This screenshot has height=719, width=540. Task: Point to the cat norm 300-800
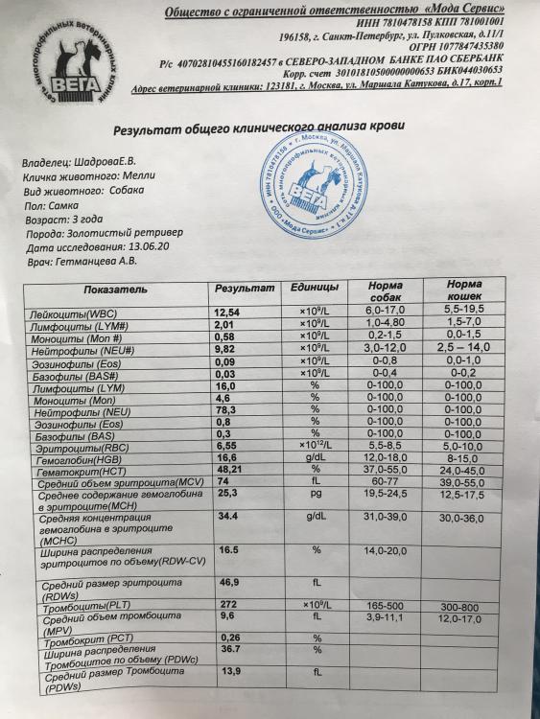[x=470, y=607]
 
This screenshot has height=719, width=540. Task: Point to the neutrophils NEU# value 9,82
[x=224, y=350]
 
